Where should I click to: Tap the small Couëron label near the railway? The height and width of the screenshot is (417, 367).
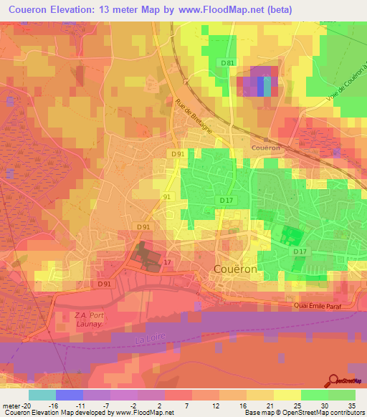[x=265, y=148]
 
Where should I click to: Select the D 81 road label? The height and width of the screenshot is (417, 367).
[x=228, y=64]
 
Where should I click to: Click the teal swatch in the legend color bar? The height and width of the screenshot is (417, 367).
[x=42, y=395]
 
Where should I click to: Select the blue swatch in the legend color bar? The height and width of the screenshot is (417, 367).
[x=70, y=395]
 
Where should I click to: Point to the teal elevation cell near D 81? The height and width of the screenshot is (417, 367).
[x=267, y=86]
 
